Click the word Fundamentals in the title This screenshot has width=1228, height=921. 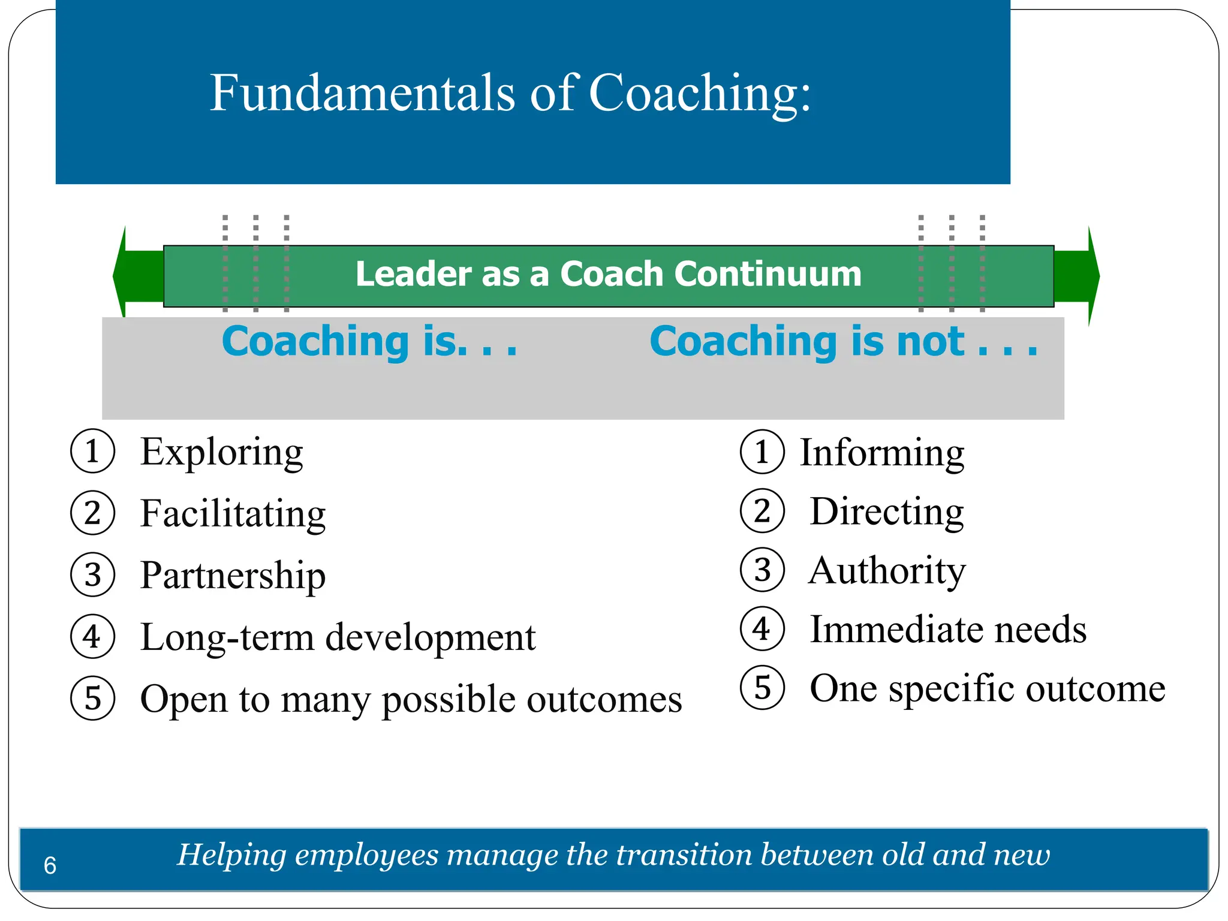click(x=362, y=93)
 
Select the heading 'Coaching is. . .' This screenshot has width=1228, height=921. click(x=369, y=341)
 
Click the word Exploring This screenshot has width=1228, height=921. click(x=221, y=453)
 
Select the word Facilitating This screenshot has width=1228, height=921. click(x=233, y=514)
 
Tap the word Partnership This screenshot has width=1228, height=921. click(x=233, y=576)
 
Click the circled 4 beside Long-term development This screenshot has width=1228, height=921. click(x=92, y=637)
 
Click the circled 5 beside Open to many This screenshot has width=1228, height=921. click(x=92, y=698)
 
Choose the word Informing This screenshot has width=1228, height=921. click(x=882, y=453)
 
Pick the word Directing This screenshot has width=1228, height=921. click(x=887, y=511)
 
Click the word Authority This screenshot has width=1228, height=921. click(x=887, y=570)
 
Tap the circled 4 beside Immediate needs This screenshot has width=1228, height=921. click(x=762, y=629)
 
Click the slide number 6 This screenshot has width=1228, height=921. click(x=50, y=866)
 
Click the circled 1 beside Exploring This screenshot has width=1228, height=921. click(x=92, y=452)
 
